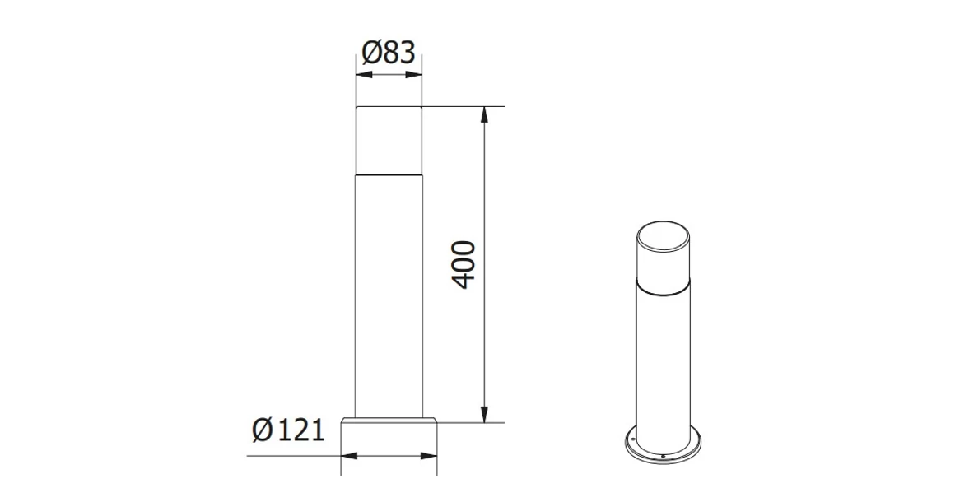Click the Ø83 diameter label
tap(388, 53)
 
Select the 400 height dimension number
tap(465, 264)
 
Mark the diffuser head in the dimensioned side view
tap(389, 140)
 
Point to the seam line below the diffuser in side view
tap(389, 174)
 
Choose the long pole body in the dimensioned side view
tap(389, 296)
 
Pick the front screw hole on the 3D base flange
tap(664, 453)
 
